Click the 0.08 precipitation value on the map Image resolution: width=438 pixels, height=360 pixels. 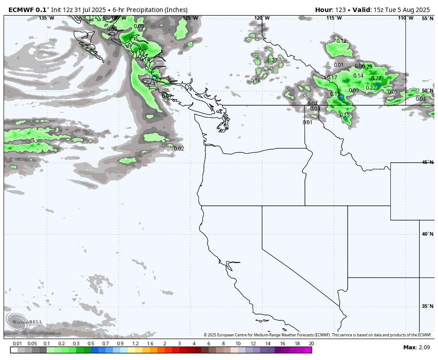[x=112, y=29]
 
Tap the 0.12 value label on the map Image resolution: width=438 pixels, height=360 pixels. [x=341, y=41]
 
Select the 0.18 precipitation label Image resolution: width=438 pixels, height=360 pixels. [x=255, y=81]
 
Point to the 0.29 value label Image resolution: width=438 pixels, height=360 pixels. [x=368, y=67]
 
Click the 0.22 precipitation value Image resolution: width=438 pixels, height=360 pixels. [x=371, y=88]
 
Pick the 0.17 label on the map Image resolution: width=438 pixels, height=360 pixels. [x=332, y=78]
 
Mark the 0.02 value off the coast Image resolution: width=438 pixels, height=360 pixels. [x=179, y=149]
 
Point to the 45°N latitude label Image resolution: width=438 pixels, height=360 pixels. [x=427, y=163]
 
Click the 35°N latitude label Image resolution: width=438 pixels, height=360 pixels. [x=427, y=307]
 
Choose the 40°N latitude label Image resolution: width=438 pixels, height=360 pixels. [x=427, y=234]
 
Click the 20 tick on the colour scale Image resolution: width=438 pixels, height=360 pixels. [x=312, y=344]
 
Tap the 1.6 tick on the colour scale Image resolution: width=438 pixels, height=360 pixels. [x=150, y=344]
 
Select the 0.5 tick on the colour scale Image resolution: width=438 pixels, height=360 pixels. [x=91, y=344]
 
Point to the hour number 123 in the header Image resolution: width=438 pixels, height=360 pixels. [x=341, y=10]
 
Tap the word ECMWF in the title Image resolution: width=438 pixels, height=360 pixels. [x=21, y=10]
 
